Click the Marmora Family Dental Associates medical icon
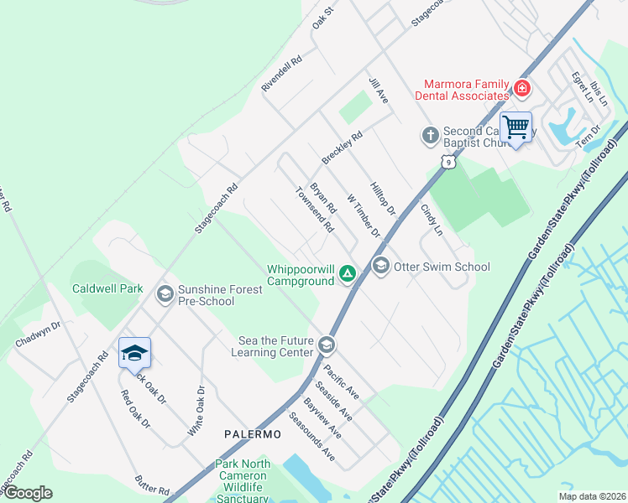tap(521, 87)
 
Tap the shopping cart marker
tap(515, 128)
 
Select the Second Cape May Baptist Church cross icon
tap(430, 134)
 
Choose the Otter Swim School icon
tap(381, 266)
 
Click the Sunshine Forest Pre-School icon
tap(165, 293)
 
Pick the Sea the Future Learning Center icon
tap(327, 345)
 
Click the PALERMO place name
tap(253, 434)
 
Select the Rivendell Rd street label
tap(281, 74)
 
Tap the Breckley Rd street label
tap(342, 148)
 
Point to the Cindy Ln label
tap(431, 219)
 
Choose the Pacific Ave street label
tap(342, 381)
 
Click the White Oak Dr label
tap(196, 410)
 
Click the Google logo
tap(27, 492)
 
